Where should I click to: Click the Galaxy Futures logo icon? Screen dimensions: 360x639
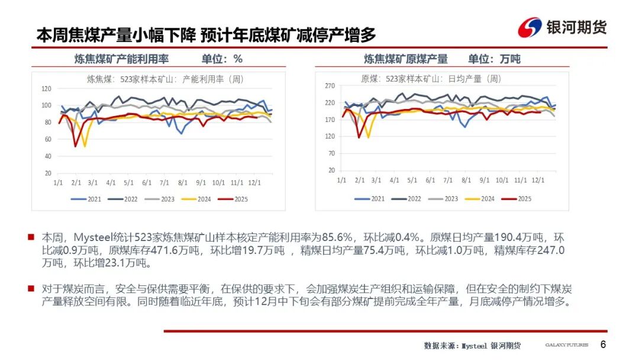(x=530, y=27)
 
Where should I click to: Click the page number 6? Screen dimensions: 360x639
(x=603, y=345)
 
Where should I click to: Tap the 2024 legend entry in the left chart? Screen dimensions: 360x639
(x=198, y=200)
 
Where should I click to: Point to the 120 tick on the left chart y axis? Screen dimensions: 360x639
(x=47, y=88)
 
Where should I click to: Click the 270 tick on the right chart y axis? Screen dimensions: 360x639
(x=331, y=86)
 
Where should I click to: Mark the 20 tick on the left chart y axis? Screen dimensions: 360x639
(x=49, y=173)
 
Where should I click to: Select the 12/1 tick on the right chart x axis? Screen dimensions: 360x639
(x=539, y=180)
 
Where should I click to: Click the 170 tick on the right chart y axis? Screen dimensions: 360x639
(x=331, y=120)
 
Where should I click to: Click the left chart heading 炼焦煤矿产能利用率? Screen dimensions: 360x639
(x=121, y=59)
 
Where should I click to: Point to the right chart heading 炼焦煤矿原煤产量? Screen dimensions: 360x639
(x=406, y=59)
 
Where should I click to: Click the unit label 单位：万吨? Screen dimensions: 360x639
(x=494, y=59)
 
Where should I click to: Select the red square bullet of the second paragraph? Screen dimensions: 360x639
(x=31, y=288)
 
